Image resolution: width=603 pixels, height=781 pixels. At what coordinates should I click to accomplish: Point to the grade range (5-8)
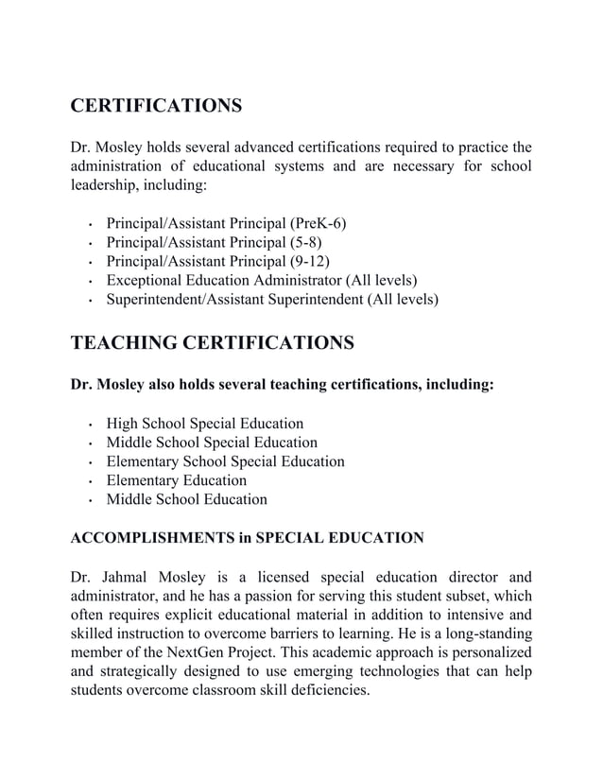click(302, 242)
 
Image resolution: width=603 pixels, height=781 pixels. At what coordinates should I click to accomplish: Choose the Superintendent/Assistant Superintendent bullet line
click(272, 299)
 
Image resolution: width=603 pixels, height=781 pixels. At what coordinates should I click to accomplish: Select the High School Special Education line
click(204, 424)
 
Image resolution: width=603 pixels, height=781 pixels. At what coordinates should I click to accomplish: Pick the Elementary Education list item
click(176, 480)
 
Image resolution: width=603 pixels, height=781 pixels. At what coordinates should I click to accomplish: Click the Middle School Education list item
click(186, 499)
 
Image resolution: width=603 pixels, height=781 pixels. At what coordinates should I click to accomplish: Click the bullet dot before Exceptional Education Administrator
click(89, 283)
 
